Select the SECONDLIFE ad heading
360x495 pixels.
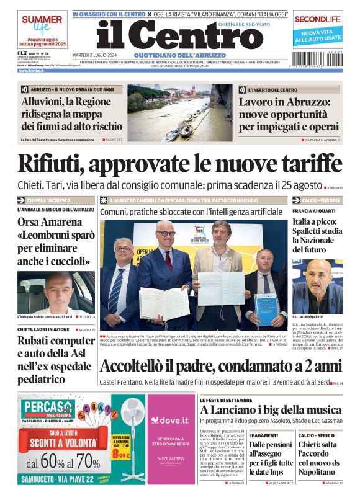318,19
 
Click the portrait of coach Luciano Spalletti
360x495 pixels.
317,286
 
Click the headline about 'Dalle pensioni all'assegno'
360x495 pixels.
271,458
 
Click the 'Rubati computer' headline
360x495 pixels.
56,341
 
